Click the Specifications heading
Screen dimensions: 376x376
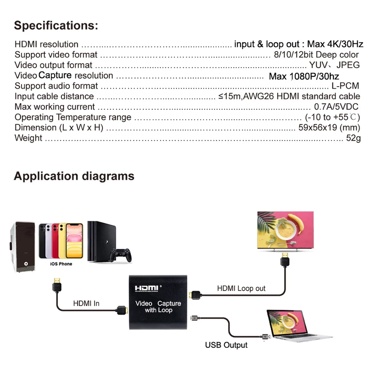click(x=56, y=26)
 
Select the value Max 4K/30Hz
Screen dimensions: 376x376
click(x=335, y=44)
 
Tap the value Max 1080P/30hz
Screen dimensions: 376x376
click(x=304, y=76)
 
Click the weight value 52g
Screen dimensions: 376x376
click(x=353, y=138)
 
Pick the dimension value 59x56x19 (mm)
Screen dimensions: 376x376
click(x=329, y=127)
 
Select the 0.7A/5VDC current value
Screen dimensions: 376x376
click(x=336, y=107)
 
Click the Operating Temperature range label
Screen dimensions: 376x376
click(x=73, y=117)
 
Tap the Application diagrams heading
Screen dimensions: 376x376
click(x=74, y=176)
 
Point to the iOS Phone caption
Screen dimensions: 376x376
click(x=61, y=264)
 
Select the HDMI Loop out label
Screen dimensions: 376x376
click(x=241, y=288)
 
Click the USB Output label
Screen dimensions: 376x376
click(x=226, y=345)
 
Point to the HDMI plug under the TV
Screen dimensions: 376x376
click(x=286, y=261)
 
